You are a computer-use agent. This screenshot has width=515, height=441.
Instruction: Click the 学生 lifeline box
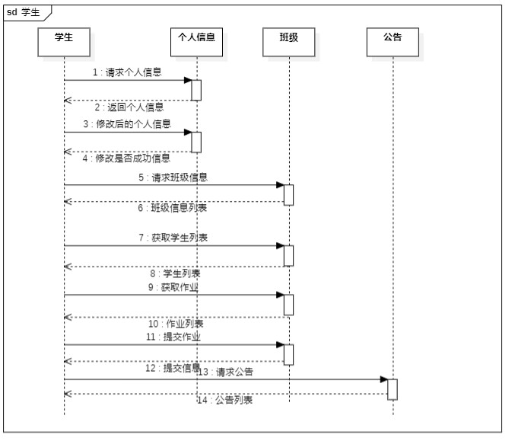click(64, 42)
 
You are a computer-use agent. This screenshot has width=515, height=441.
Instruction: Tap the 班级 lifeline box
click(289, 42)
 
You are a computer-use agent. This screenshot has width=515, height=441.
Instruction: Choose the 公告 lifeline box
click(393, 42)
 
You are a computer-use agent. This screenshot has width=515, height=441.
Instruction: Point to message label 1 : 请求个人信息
click(127, 73)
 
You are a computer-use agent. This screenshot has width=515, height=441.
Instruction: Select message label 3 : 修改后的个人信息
click(127, 124)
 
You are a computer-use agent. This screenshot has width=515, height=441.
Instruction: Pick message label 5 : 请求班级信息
click(173, 177)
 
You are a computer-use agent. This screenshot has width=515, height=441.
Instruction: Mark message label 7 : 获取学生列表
click(173, 238)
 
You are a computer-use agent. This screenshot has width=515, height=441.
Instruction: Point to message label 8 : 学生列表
click(174, 273)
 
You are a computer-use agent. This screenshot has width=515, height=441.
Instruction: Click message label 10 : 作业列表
click(175, 323)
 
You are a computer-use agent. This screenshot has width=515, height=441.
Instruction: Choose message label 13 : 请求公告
click(225, 372)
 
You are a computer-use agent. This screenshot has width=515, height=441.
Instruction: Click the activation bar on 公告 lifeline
click(393, 388)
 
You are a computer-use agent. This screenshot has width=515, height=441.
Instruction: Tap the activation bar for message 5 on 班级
click(289, 194)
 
